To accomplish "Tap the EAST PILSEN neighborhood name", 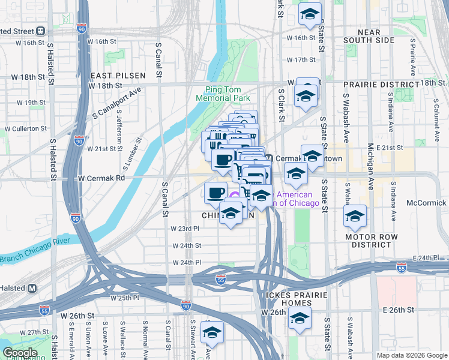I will [118, 76].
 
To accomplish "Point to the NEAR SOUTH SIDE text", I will [367, 36].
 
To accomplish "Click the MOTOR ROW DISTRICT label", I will [372, 241].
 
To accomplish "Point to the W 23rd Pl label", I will [184, 229].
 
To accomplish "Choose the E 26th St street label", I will [397, 311].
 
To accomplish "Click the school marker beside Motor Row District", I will [355, 217].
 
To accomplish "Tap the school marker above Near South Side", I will [310, 14].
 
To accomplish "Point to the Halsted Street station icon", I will [41, 31].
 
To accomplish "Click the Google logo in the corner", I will [20, 352].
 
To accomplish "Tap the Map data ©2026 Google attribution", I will [411, 355].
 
